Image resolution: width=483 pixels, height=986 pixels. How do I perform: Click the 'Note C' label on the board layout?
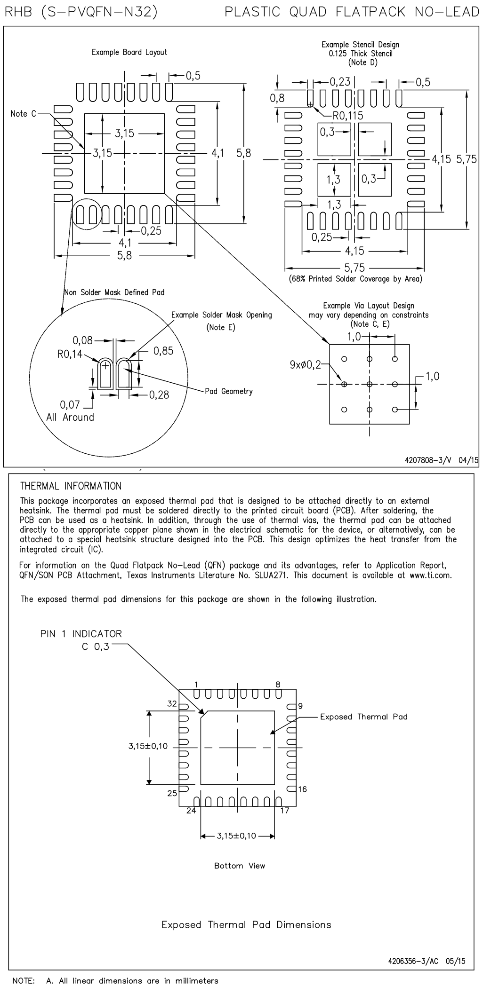coord(23,114)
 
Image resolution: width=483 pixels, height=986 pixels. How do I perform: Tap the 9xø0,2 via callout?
coord(305,364)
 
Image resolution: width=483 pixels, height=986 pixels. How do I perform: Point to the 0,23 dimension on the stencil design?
coord(340,82)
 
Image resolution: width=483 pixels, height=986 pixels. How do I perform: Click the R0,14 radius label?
coord(70,354)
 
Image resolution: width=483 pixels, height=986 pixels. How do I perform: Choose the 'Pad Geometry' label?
coord(229,391)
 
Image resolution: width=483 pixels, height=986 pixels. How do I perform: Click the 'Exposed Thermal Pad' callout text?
coord(363,717)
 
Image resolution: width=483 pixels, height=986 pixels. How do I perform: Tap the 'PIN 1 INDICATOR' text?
coord(81,634)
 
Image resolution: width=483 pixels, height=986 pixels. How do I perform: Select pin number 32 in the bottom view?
coord(172,704)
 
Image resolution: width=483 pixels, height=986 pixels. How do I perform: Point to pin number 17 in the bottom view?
coord(285,810)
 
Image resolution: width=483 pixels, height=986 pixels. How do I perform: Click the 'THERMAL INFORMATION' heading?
coord(71,486)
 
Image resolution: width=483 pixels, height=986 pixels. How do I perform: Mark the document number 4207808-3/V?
coord(427,460)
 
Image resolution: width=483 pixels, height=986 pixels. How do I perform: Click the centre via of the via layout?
coord(370,384)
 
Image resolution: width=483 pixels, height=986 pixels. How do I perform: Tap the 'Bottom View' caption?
coord(240,866)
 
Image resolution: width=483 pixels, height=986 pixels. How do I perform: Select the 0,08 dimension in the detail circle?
coord(83,340)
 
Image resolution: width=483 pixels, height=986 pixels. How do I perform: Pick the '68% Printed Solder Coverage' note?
coord(355,279)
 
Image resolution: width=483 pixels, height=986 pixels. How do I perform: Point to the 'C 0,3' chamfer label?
coord(95,647)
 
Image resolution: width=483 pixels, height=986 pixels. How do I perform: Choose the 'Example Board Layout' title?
coord(129,52)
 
